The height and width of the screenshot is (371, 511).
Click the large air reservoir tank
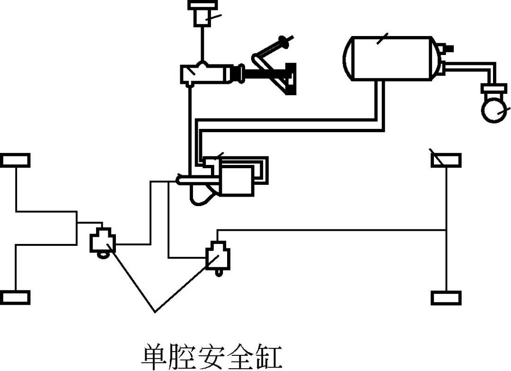pos(393,58)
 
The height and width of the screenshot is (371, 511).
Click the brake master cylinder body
pos(203,74)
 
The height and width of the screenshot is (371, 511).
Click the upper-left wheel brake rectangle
pos(16,160)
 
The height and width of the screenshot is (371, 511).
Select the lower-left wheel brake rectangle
pos(16,297)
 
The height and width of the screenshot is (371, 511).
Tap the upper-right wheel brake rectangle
pos(446,160)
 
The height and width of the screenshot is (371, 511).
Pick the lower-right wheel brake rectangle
pos(446,298)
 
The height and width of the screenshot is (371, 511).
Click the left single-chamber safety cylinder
pos(102,242)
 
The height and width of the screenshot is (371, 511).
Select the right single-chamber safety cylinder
pos(218,256)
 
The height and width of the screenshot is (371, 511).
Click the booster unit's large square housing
pos(238,181)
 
